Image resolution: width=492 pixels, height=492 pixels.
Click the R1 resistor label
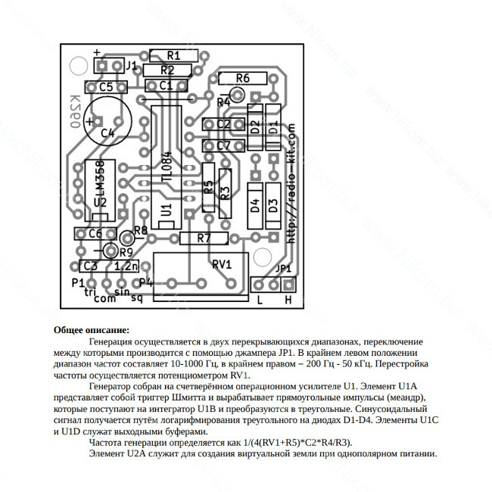point(173,55)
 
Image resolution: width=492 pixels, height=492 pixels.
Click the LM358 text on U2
point(101,178)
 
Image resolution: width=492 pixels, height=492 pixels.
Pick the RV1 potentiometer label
point(222,264)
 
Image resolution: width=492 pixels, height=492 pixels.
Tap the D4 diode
point(255,206)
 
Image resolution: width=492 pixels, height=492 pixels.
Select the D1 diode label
point(273,127)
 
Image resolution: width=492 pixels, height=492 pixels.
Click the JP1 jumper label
point(283,269)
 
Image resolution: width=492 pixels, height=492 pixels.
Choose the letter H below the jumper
point(288,300)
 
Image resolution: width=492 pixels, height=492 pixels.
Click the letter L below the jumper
point(260,300)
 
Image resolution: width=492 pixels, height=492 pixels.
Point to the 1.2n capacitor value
point(126,266)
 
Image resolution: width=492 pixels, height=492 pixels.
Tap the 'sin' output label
point(122,292)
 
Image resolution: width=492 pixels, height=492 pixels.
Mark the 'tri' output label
point(90,292)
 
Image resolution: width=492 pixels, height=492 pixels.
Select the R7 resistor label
point(204,238)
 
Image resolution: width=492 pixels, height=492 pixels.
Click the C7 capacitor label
point(223,146)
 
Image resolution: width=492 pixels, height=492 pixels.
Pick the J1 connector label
point(132,66)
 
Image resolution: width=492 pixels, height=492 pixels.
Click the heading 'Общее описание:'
point(92,331)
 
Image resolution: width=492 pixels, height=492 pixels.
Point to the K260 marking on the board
point(75,112)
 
